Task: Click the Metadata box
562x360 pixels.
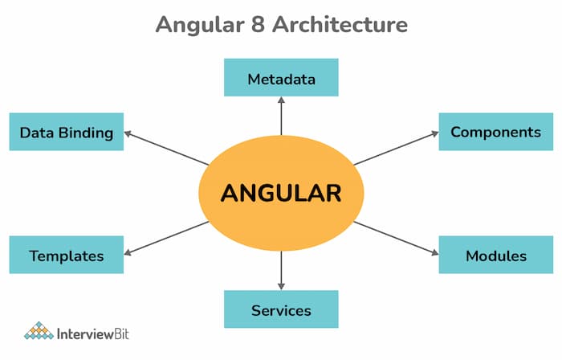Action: tap(281, 79)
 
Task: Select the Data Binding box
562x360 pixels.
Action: tap(67, 132)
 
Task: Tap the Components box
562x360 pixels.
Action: tap(495, 132)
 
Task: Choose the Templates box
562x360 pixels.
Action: tap(67, 256)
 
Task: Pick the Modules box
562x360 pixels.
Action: tap(495, 256)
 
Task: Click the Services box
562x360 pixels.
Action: tap(281, 309)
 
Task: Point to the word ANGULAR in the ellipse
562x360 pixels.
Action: tap(281, 193)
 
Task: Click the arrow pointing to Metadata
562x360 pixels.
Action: tap(281, 117)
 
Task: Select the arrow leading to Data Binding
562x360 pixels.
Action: tap(165, 149)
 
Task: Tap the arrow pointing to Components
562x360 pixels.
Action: tap(397, 149)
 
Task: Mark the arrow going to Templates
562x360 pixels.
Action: tap(165, 238)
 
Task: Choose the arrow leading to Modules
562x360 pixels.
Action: tap(397, 238)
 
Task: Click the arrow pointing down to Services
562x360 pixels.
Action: tap(281, 269)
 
